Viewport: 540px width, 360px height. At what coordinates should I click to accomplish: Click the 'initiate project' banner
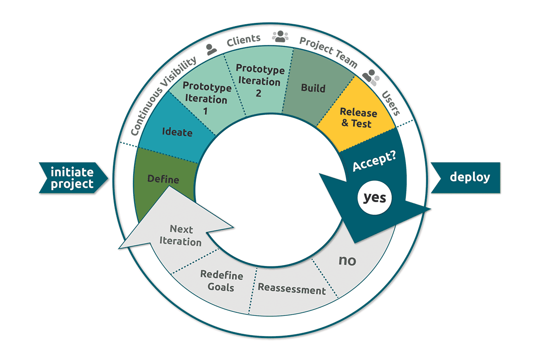pos(72,177)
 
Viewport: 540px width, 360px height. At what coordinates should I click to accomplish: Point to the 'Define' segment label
pos(163,180)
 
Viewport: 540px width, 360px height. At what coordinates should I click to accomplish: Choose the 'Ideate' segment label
pos(177,133)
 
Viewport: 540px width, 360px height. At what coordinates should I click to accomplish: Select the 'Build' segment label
pos(313,88)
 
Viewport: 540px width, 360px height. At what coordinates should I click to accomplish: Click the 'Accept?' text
pos(372,160)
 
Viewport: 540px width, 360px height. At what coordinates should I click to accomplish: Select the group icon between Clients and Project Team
pos(280,36)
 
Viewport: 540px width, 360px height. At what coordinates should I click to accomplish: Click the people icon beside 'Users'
pos(372,76)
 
